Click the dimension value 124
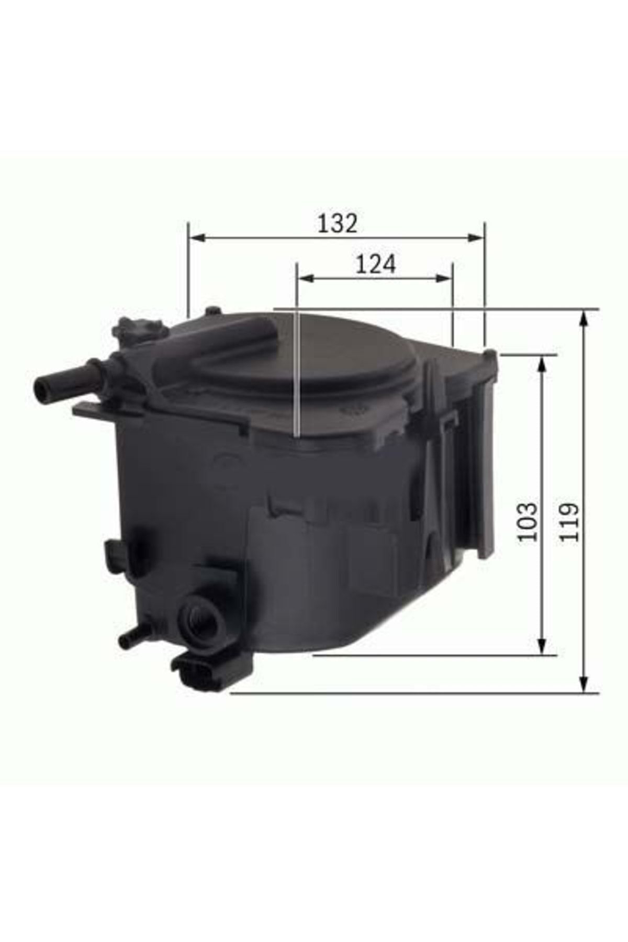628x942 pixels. [376, 264]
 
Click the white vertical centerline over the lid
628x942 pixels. [297, 377]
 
